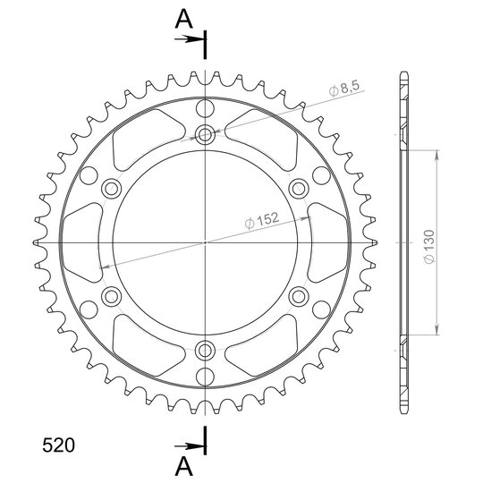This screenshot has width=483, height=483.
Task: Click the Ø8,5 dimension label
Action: (x=344, y=89)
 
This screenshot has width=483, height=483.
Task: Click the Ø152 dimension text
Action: (x=262, y=221)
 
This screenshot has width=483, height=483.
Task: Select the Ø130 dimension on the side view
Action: (x=428, y=247)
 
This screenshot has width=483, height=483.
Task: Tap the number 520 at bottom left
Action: (x=58, y=445)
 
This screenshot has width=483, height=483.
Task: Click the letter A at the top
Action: (x=184, y=19)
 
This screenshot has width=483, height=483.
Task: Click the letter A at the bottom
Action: (x=184, y=466)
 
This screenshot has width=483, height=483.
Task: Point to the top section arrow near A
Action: (x=190, y=39)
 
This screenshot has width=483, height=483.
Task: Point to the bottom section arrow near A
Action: (x=190, y=445)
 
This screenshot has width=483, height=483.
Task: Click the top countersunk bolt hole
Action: (x=205, y=134)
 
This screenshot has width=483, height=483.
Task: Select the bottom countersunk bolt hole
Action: (x=205, y=351)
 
